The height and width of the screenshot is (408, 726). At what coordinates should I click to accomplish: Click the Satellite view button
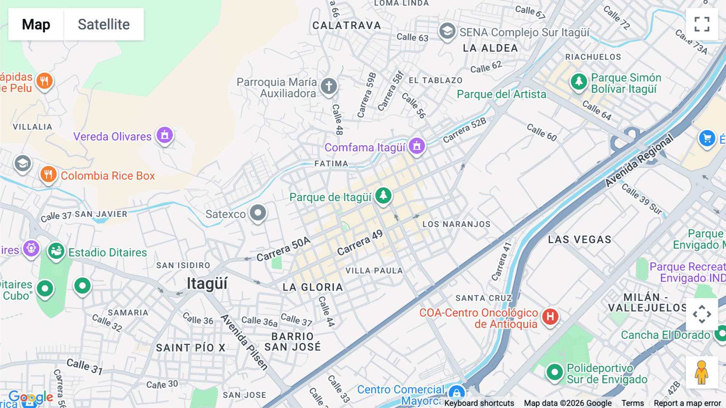(x=104, y=24)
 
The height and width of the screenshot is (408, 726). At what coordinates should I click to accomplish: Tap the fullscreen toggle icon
(x=702, y=24)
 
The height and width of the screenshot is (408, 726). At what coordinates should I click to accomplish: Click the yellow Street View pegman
(x=702, y=372)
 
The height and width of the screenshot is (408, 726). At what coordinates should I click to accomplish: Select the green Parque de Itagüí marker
(x=383, y=196)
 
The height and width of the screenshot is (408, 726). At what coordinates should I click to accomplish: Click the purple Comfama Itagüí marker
(x=417, y=145)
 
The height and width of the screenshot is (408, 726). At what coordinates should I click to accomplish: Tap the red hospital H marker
(x=550, y=317)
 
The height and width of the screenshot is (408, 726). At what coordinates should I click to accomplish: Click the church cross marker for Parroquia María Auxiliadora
(x=329, y=86)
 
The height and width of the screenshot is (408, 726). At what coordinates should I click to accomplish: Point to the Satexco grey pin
(x=258, y=212)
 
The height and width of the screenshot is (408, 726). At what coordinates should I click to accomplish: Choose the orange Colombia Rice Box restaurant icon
(x=48, y=175)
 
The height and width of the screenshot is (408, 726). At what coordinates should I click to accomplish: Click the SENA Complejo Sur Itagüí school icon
(x=447, y=31)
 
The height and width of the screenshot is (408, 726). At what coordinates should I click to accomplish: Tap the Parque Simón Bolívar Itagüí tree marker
(x=579, y=82)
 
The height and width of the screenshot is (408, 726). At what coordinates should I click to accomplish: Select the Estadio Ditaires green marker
(x=56, y=251)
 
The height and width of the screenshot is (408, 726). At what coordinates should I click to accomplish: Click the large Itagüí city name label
(x=207, y=284)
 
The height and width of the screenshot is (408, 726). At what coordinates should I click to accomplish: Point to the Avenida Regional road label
(x=639, y=160)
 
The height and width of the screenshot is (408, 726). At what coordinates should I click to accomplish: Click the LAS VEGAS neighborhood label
(x=580, y=240)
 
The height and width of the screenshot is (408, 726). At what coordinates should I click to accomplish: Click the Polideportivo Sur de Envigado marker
(x=555, y=372)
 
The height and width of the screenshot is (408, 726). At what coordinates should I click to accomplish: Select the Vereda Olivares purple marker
(x=165, y=135)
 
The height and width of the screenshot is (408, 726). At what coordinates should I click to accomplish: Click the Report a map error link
(x=687, y=403)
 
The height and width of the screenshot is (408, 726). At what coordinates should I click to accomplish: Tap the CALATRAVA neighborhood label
(x=347, y=25)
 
